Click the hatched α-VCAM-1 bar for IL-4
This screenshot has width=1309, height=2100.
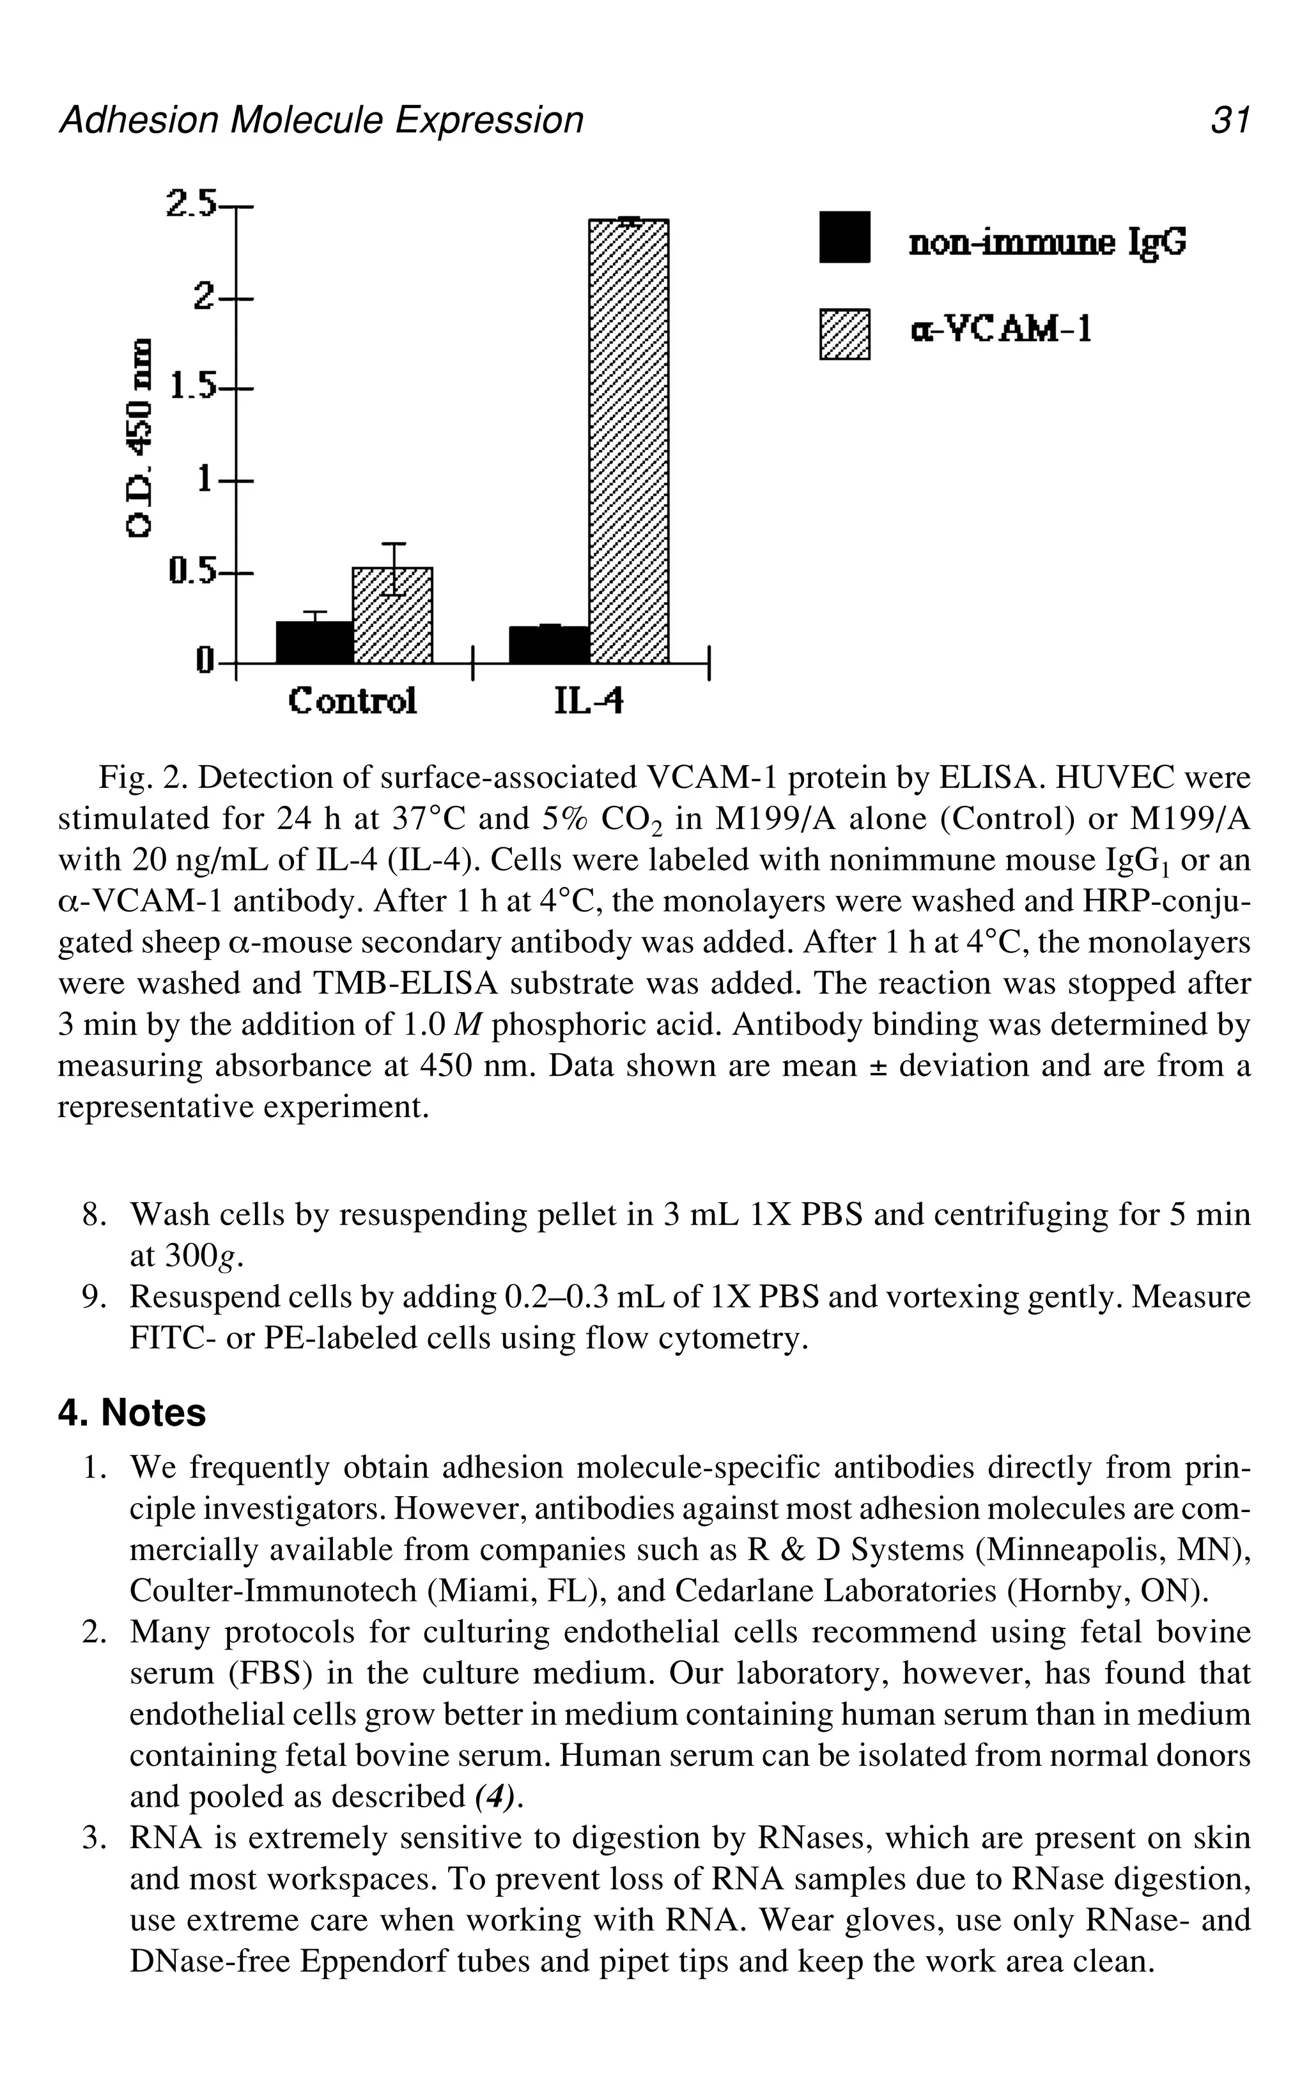click(x=628, y=442)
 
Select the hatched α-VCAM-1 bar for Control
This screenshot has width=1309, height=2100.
click(x=392, y=616)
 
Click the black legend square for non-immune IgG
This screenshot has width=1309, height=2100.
click(x=844, y=237)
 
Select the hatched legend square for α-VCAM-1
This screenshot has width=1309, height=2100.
click(x=844, y=335)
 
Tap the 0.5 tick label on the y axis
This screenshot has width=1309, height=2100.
click(x=192, y=571)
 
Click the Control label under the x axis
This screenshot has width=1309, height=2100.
click(x=352, y=700)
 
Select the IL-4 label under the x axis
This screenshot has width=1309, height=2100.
click(x=589, y=701)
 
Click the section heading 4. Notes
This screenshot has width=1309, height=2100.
click(x=132, y=1414)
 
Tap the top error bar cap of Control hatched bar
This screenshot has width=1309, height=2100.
click(x=394, y=544)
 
